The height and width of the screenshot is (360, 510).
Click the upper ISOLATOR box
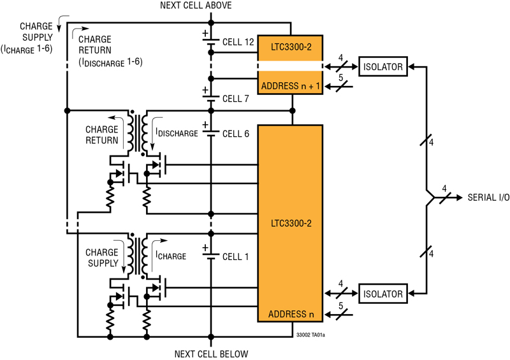[x=383, y=67]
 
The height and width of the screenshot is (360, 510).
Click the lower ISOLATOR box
[x=383, y=294]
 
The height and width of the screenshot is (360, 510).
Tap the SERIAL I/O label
[x=488, y=198]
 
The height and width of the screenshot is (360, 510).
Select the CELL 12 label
[x=238, y=42]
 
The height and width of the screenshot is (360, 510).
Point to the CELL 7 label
[x=235, y=99]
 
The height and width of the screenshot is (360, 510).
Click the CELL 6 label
[x=235, y=134]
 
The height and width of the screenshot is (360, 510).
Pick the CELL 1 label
[x=235, y=257]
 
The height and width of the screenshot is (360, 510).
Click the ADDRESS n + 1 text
[x=291, y=86]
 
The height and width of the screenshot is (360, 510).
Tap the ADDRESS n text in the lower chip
[x=291, y=314]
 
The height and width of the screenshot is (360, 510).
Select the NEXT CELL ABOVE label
[x=196, y=5]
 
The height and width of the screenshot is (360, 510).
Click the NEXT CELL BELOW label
[x=211, y=354]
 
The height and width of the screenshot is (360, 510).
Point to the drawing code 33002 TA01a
[x=310, y=335]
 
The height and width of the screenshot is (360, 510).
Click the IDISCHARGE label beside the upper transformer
[x=177, y=133]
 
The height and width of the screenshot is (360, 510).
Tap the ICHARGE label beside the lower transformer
[x=171, y=256]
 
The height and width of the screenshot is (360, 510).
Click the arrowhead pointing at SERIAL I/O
[x=459, y=198]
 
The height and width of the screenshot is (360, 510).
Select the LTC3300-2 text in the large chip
[x=291, y=224]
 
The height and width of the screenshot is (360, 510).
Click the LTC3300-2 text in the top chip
[x=291, y=47]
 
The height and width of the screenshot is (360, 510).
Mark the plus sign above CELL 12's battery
[x=205, y=33]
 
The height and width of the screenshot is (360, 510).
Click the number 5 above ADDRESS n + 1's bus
[x=340, y=78]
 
